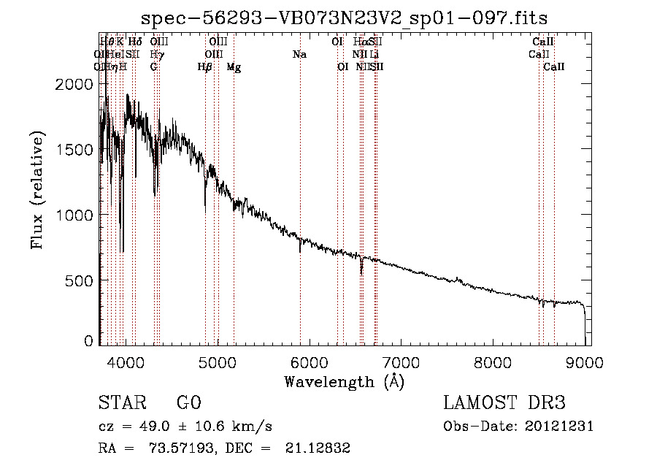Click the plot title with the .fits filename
(344, 18)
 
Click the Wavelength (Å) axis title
(344, 381)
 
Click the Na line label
(299, 55)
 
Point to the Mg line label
(234, 67)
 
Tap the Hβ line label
(205, 67)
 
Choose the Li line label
(374, 55)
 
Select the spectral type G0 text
(188, 403)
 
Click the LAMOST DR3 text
(504, 403)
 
